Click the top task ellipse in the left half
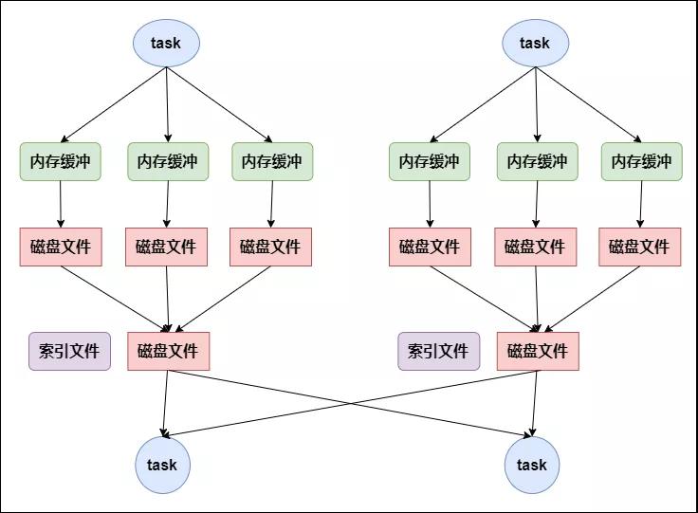tap(166, 43)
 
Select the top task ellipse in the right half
tap(536, 43)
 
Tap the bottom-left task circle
tap(162, 465)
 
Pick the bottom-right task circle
tap(532, 465)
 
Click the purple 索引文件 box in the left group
tap(69, 351)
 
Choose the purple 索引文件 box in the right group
tap(439, 351)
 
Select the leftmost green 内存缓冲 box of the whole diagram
tap(60, 161)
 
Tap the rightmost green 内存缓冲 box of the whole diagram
tap(641, 161)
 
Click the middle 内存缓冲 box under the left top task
tap(168, 161)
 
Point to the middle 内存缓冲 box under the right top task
tap(538, 161)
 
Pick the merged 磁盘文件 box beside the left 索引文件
tap(168, 351)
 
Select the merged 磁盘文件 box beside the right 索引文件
tap(538, 351)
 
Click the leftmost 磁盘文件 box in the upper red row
tap(61, 247)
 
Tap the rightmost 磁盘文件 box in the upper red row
tap(640, 247)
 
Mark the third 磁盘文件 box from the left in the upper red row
tap(270, 247)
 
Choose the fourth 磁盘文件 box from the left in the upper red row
tap(430, 247)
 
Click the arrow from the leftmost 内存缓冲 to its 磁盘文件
tap(61, 204)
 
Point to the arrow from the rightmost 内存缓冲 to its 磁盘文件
tap(641, 204)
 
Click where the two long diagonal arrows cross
tap(351, 403)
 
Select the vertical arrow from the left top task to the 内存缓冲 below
tap(167, 104)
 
